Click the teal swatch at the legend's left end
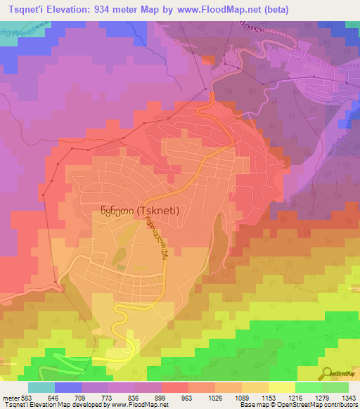point(41,387)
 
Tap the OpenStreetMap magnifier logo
point(326,372)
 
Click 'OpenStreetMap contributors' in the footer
point(319,405)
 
